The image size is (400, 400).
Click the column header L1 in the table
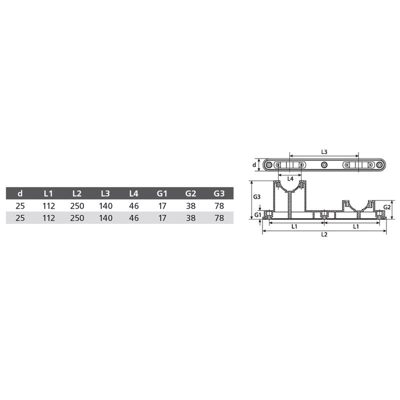(48, 193)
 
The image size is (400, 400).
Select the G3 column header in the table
(219, 193)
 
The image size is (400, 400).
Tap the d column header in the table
(20, 193)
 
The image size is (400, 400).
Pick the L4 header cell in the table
(133, 193)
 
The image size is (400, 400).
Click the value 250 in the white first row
(77, 206)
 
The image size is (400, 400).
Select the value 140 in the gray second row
(105, 218)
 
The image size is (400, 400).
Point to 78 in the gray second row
(219, 218)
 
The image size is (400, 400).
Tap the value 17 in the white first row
(162, 206)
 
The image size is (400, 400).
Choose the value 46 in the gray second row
(134, 218)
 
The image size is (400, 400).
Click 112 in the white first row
(48, 206)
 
